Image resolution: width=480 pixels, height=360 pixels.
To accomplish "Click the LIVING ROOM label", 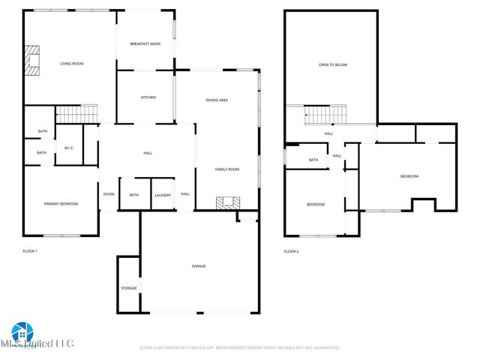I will click(x=71, y=64).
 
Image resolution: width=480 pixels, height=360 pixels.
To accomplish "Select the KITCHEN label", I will click(x=148, y=97).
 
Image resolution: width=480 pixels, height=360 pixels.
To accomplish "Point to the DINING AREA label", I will click(x=217, y=100).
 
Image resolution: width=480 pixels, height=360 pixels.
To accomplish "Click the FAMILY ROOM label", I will click(x=227, y=169).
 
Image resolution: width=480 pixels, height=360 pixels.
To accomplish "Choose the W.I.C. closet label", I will click(x=68, y=148).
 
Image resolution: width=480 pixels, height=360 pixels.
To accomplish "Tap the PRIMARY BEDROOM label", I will click(x=61, y=203).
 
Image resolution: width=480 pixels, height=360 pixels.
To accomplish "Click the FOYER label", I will click(x=109, y=194).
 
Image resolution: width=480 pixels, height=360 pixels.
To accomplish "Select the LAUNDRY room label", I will click(x=163, y=195).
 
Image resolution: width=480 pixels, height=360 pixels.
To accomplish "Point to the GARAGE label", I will click(x=199, y=265).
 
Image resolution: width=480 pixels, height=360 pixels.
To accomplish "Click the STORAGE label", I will click(x=128, y=288).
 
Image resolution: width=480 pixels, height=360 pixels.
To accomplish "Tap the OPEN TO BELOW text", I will click(x=333, y=64).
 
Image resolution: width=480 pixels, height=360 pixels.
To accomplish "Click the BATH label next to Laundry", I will click(x=134, y=195).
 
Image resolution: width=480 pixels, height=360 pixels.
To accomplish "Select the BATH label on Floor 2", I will click(x=313, y=160).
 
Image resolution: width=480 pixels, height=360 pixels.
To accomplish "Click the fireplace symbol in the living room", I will click(x=31, y=61).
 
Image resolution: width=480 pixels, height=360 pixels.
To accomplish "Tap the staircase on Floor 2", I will click(x=325, y=115).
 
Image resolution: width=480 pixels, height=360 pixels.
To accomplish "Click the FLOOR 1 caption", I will click(x=30, y=251).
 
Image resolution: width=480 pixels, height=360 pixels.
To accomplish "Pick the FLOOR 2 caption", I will click(x=292, y=251).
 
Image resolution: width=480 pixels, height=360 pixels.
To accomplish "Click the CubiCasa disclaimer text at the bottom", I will click(x=240, y=348).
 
